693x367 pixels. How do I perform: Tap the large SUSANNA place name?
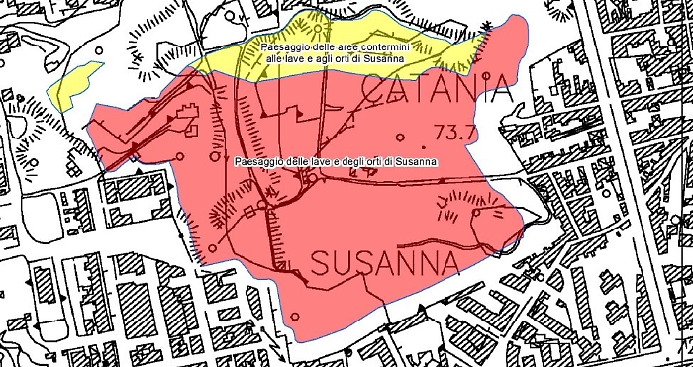click(386, 263)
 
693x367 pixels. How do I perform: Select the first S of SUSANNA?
click(324, 263)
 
